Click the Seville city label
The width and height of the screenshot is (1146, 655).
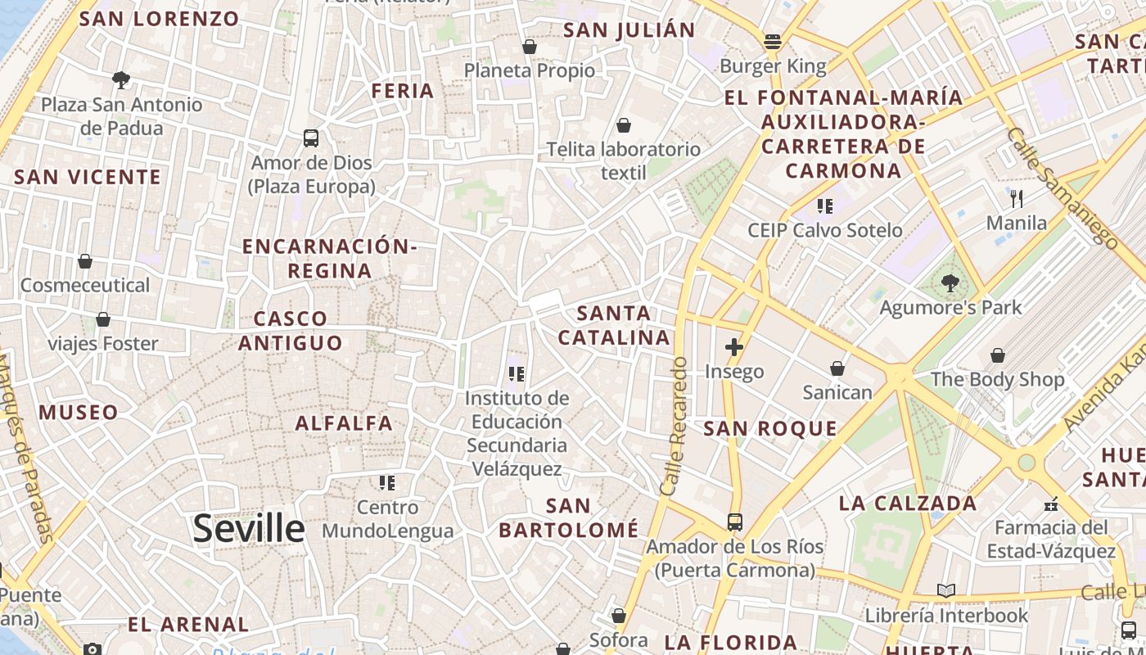pos(249,529)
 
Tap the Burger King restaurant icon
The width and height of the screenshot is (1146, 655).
pos(772,41)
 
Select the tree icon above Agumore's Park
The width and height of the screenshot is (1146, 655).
pos(950,283)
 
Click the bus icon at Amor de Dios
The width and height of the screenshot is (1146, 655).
pos(310,138)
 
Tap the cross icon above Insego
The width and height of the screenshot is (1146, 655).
pos(733,347)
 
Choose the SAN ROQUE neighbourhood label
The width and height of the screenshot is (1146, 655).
pos(770,428)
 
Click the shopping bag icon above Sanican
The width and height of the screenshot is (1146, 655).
pos(837,368)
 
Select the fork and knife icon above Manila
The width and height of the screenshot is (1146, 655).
pos(1017,198)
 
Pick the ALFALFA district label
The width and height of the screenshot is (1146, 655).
pos(344,423)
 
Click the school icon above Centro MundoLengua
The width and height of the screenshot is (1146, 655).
pos(386,483)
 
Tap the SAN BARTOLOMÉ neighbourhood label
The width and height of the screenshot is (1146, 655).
pos(569,517)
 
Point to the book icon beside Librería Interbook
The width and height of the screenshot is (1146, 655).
pos(945,590)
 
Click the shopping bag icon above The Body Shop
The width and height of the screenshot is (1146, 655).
pos(997,355)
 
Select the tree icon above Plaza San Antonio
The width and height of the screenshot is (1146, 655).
pos(121,80)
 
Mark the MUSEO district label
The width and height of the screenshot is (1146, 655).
pos(79,412)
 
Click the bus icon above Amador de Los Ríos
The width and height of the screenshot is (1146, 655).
pos(734,522)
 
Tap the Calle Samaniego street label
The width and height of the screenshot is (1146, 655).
pos(1062,187)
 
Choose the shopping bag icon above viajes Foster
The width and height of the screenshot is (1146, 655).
pos(102,319)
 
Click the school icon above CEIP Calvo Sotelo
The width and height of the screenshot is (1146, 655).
pos(824,206)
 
